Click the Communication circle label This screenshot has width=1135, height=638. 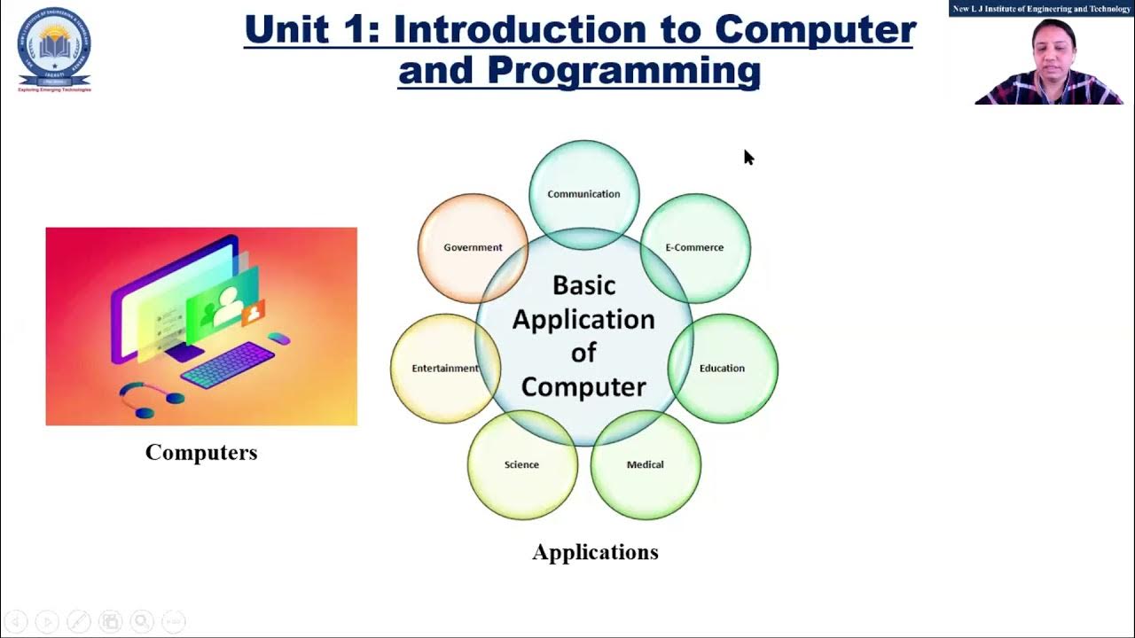[x=583, y=194]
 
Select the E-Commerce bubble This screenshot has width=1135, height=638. [x=694, y=247]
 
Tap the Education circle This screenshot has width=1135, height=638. [x=722, y=368]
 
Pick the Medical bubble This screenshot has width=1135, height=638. [x=645, y=464]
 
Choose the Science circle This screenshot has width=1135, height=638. [x=521, y=464]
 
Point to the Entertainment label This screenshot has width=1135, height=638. [x=444, y=368]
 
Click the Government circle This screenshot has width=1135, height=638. [x=473, y=247]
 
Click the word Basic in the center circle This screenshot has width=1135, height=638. [x=583, y=285]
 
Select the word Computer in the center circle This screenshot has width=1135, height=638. [x=583, y=387]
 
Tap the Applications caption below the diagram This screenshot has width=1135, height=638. [x=595, y=552]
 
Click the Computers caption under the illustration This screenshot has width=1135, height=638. [x=201, y=453]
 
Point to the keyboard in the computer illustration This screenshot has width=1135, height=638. [x=228, y=364]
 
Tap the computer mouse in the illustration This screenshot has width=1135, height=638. [x=279, y=338]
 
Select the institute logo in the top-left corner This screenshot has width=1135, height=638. [x=54, y=49]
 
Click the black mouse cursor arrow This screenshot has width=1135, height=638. [x=748, y=157]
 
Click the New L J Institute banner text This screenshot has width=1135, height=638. [x=1041, y=9]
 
